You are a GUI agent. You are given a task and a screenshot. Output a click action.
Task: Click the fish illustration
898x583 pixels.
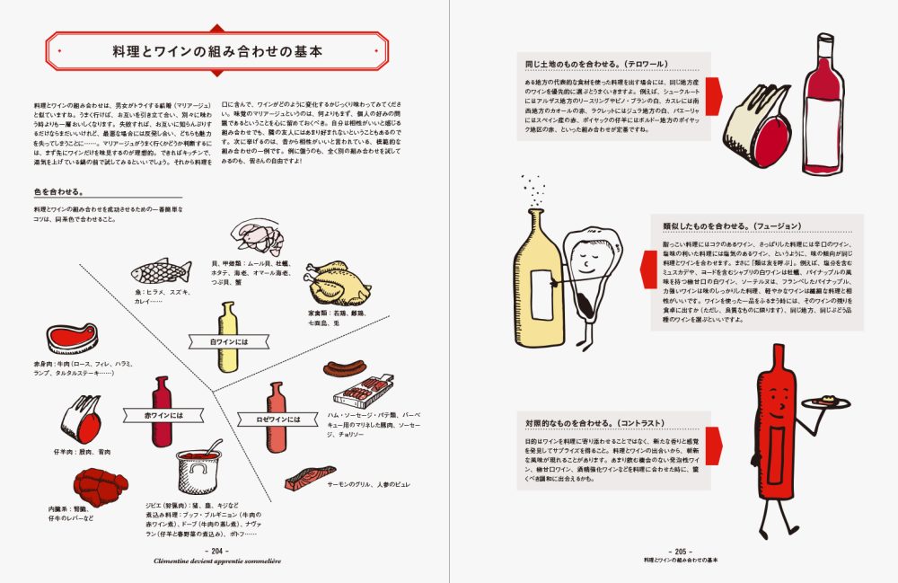click(x=162, y=269)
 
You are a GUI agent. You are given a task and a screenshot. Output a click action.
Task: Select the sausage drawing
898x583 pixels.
click(x=345, y=367)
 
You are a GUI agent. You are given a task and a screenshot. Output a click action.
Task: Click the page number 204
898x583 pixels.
click(x=218, y=550)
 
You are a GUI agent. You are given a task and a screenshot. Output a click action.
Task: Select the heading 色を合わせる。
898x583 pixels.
click(x=59, y=191)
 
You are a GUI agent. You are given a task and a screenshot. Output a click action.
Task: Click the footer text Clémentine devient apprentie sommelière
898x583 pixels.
click(x=218, y=560)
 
